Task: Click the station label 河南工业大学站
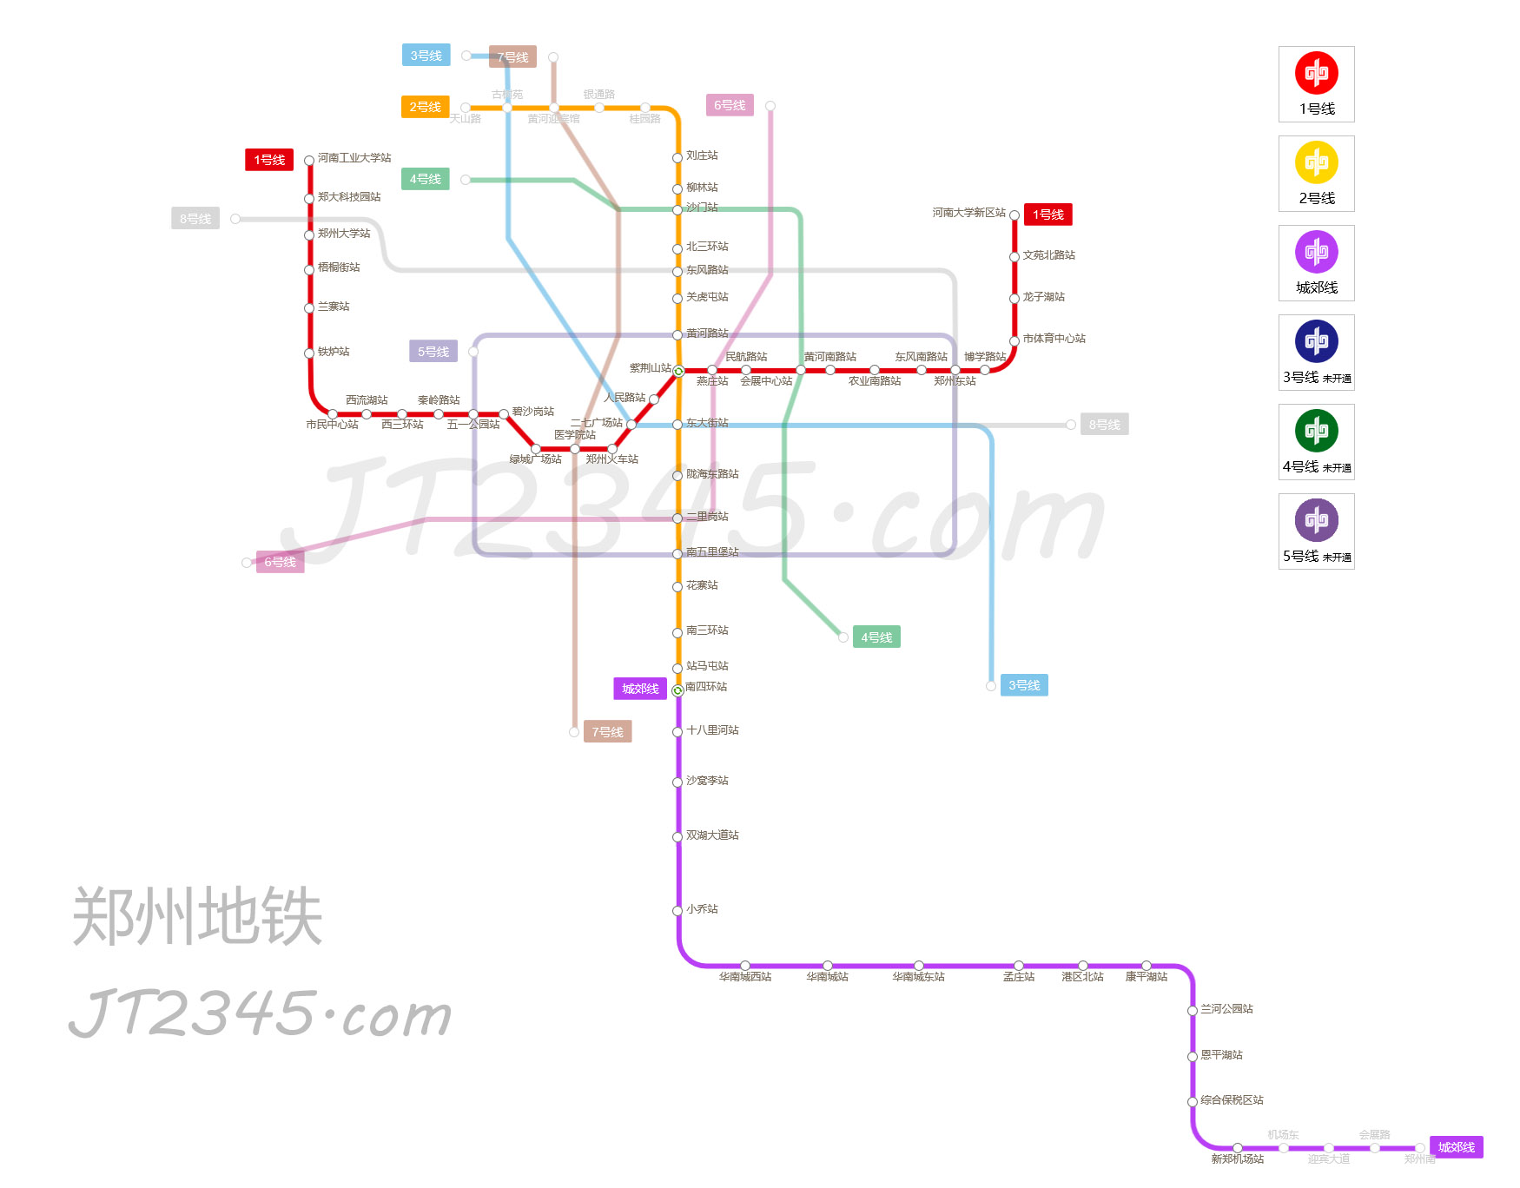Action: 354,158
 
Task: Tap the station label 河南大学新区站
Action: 968,213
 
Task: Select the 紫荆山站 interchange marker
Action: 678,371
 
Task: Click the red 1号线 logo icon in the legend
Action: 1316,73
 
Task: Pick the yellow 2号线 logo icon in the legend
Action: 1316,162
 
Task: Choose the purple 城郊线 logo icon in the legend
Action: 1316,252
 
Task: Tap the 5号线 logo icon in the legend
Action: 1316,520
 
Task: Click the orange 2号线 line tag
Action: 425,107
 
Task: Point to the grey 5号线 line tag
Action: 433,352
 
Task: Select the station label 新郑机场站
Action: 1237,1159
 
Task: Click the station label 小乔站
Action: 702,909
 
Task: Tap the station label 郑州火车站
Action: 611,459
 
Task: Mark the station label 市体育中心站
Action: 1054,339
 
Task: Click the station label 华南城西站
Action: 744,977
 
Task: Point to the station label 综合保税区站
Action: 1232,1100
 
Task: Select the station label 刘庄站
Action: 702,155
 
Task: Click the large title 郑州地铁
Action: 197,917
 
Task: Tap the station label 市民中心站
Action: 332,425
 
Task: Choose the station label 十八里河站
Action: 712,730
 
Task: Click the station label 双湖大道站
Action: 712,835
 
